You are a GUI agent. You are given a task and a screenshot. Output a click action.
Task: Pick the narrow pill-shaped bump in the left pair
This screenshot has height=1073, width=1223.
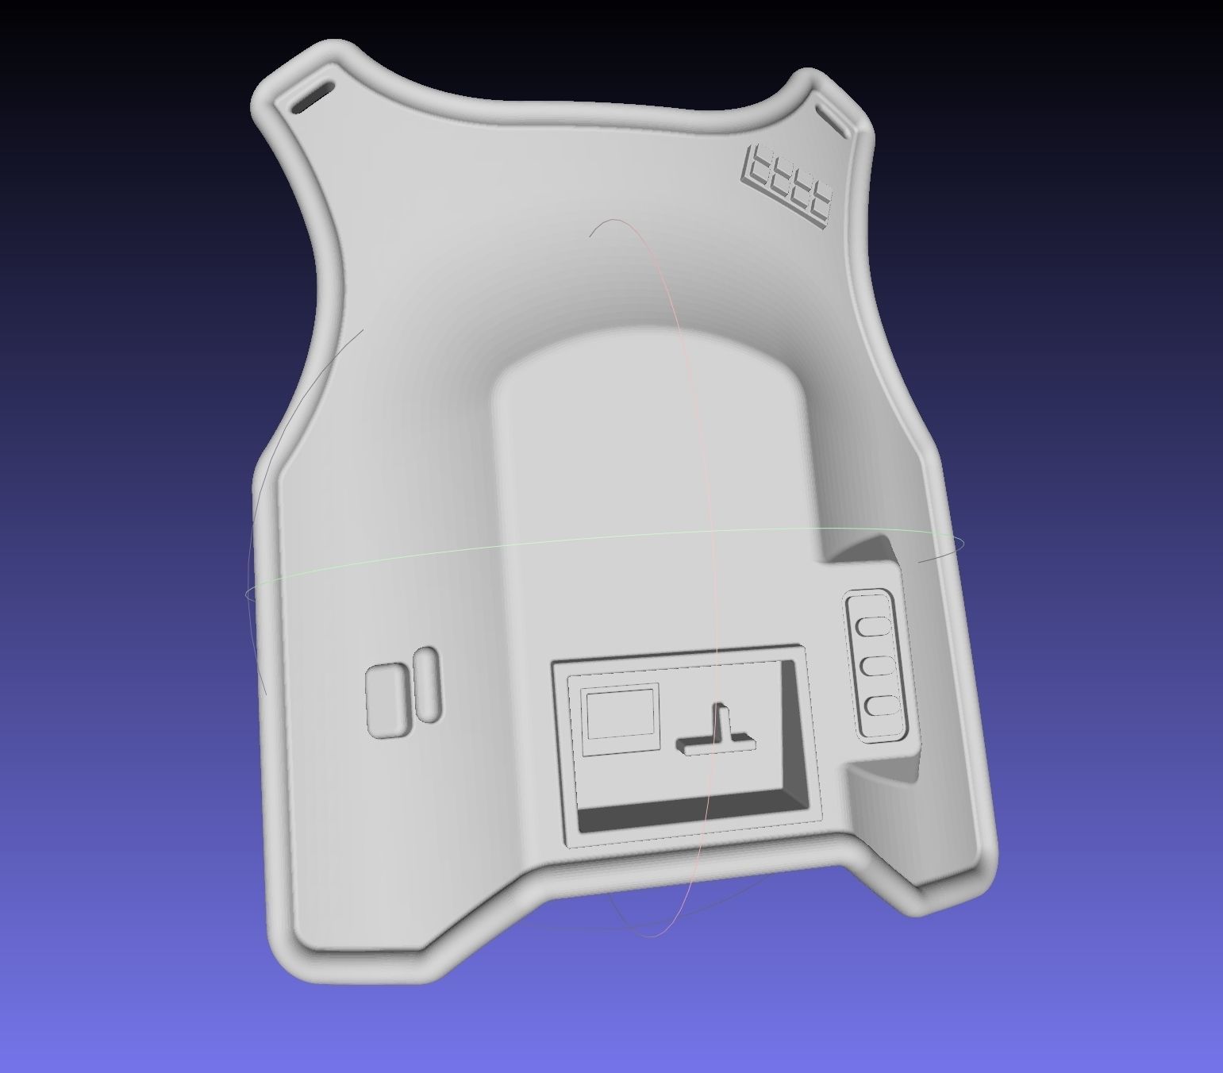pyautogui.click(x=426, y=685)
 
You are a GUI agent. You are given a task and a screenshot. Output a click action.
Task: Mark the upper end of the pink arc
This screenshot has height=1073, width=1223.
pyautogui.click(x=591, y=235)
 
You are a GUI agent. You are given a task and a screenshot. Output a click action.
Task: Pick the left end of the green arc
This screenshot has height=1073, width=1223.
pyautogui.click(x=247, y=593)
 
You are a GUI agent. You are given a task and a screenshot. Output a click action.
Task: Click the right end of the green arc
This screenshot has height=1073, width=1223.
pyautogui.click(x=963, y=542)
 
